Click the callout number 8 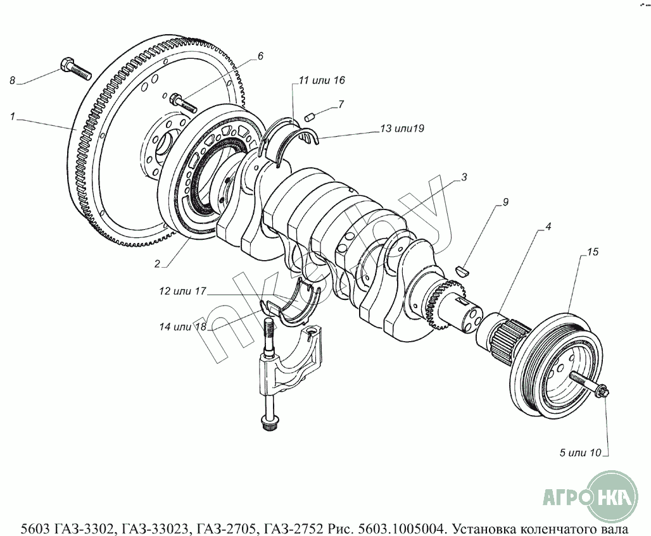click(11, 80)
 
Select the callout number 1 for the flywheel click(13, 116)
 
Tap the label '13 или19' click(401, 128)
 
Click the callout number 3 click(464, 178)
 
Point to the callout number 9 click(505, 203)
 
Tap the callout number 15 click(592, 252)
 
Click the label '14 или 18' click(184, 327)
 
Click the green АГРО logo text click(566, 497)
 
